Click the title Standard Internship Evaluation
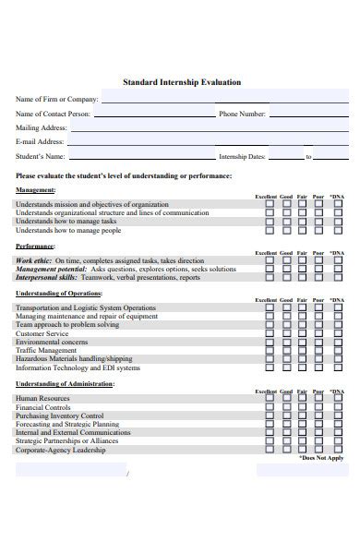[x=182, y=82]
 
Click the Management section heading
[x=36, y=189]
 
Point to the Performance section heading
[x=35, y=247]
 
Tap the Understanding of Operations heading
[x=57, y=294]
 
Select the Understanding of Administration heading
[x=65, y=383]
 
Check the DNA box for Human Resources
[x=337, y=398]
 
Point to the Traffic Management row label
[x=46, y=350]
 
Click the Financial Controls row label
[x=42, y=406]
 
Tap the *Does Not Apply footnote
[x=320, y=457]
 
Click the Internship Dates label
[x=244, y=157]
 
